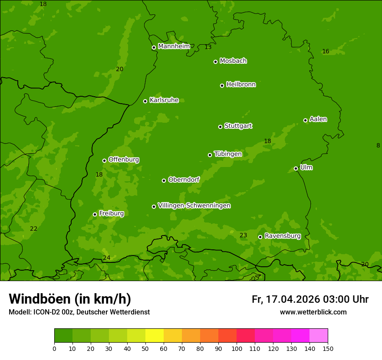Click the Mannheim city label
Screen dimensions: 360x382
(x=174, y=46)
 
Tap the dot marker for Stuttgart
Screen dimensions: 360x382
(x=220, y=127)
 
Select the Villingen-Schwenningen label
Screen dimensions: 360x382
(x=194, y=206)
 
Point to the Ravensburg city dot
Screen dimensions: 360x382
(x=260, y=237)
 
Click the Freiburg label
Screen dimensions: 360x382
(x=111, y=213)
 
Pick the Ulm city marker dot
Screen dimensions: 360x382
(x=296, y=168)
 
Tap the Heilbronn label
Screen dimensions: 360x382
(x=241, y=85)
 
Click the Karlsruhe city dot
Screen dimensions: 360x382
(x=145, y=101)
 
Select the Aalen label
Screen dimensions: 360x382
(x=318, y=119)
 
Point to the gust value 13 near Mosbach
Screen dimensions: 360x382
(x=208, y=47)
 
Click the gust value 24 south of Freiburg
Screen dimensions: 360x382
(x=106, y=258)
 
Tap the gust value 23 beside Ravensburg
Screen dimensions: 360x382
(x=243, y=236)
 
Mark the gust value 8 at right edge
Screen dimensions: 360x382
(x=378, y=146)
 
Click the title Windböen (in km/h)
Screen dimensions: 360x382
(x=70, y=299)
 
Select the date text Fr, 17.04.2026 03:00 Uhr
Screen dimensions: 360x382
(x=310, y=299)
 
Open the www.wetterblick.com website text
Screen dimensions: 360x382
(x=313, y=312)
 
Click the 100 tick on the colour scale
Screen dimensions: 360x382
(x=237, y=348)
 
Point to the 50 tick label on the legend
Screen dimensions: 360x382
(x=145, y=348)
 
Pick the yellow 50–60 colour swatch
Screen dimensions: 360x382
(x=155, y=336)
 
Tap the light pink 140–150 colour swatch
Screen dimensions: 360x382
(x=319, y=336)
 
